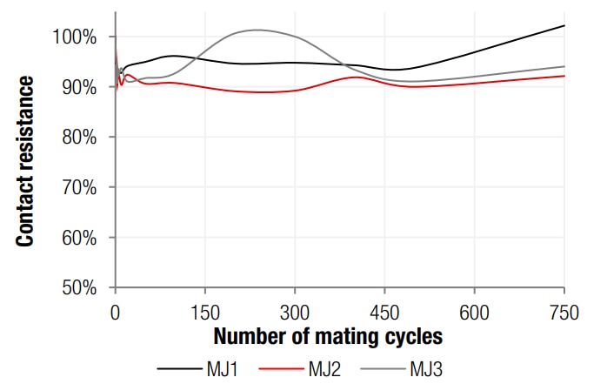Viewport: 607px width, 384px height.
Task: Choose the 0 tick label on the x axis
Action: click(x=116, y=311)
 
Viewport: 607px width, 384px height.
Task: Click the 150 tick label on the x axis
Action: click(x=205, y=311)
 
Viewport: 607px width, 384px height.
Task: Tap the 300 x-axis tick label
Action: click(x=295, y=311)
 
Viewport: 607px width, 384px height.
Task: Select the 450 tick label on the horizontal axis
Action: click(x=385, y=311)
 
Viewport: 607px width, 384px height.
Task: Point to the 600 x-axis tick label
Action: click(x=475, y=311)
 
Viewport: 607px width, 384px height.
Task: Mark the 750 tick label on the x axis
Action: click(x=564, y=311)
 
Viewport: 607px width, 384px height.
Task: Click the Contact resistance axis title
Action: click(x=26, y=162)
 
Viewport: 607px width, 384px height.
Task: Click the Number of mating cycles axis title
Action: click(x=328, y=336)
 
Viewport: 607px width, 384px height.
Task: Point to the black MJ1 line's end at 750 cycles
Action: click(x=564, y=25)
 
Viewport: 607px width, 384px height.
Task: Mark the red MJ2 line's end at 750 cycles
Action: click(x=564, y=76)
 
